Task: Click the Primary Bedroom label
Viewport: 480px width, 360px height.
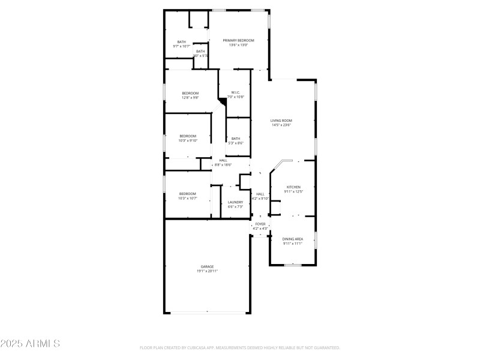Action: (239, 40)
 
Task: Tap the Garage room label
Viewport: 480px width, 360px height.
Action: (207, 266)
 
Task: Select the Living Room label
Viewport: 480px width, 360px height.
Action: (281, 121)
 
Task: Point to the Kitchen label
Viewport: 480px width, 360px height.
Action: (293, 187)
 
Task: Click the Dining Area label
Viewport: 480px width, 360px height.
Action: (293, 239)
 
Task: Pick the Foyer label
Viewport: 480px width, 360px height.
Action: (260, 224)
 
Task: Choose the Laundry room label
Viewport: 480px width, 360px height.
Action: (235, 202)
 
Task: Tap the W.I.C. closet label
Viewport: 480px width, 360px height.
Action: (236, 92)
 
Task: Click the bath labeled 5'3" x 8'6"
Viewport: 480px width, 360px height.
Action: (236, 140)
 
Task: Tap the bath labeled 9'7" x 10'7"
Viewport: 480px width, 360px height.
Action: (181, 44)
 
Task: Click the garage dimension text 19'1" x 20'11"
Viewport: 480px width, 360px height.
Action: (207, 271)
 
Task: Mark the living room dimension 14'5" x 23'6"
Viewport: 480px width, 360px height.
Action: (281, 125)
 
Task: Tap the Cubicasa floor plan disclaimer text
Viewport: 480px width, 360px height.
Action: (240, 347)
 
